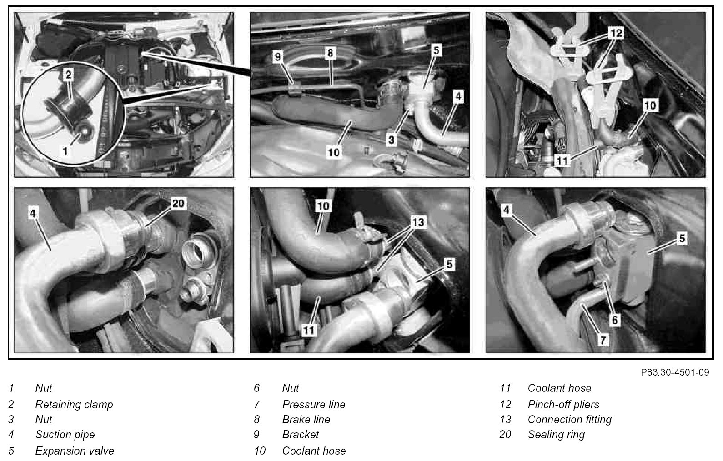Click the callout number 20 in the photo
click(178, 204)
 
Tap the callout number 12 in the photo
click(616, 33)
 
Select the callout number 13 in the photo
click(418, 222)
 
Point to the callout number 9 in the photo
click(277, 57)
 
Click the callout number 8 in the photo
click(330, 53)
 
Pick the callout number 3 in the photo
click(391, 140)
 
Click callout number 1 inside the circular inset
click(65, 150)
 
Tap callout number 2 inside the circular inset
click(68, 75)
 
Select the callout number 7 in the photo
click(602, 340)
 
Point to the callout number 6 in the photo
click(615, 320)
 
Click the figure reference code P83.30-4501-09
click(675, 372)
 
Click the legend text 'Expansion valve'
click(75, 451)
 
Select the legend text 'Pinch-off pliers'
click(563, 404)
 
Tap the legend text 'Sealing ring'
click(556, 435)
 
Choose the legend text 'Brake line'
click(306, 419)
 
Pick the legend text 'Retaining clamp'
click(74, 405)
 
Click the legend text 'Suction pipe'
click(65, 435)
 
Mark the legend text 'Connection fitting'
click(569, 419)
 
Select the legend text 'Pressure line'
click(313, 404)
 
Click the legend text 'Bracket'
click(300, 435)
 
